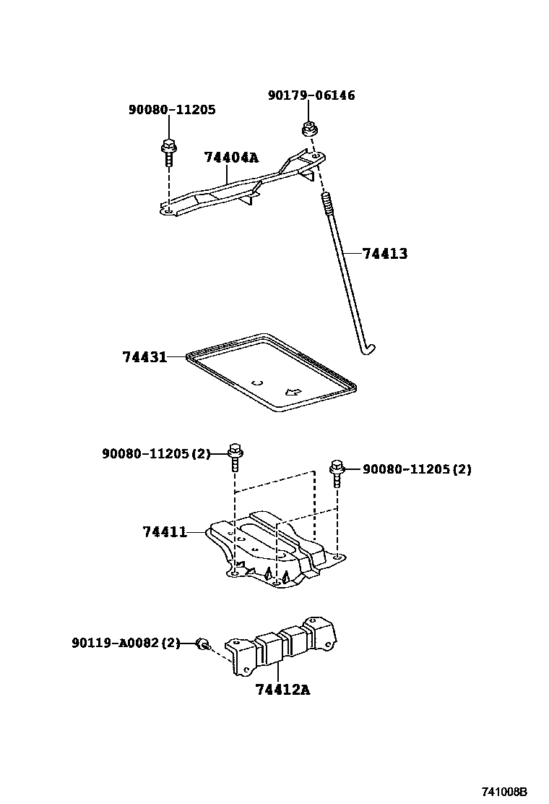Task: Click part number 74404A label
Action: tap(230, 158)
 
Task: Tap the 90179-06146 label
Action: tap(311, 95)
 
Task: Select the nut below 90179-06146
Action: tap(309, 131)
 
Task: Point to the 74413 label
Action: tap(384, 254)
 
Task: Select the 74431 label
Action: tap(144, 357)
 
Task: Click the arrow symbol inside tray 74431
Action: tap(293, 392)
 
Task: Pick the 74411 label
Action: tap(165, 532)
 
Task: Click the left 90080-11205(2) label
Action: tap(155, 454)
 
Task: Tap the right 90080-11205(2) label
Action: tap(417, 469)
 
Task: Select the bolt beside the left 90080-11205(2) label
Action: tap(235, 456)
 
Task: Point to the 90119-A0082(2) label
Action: tap(125, 642)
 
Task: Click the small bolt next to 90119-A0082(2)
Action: tap(204, 643)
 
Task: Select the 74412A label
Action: tap(282, 690)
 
